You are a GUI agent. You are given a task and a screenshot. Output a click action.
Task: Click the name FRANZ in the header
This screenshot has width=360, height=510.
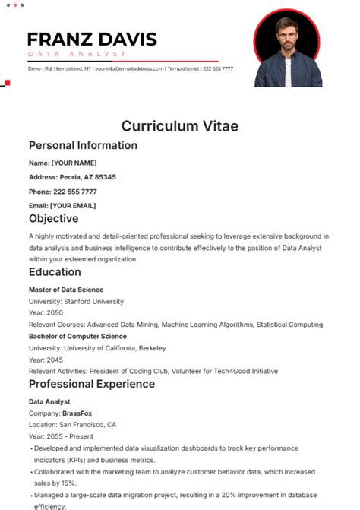[x=62, y=40]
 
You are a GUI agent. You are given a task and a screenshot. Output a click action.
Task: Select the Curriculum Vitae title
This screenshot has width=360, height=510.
[x=179, y=126]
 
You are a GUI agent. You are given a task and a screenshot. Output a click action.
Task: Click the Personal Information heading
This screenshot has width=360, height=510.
[x=83, y=145]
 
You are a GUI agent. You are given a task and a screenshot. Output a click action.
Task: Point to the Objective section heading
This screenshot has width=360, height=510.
[x=54, y=218]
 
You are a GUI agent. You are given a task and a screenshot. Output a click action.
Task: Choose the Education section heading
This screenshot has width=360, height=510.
[x=55, y=272]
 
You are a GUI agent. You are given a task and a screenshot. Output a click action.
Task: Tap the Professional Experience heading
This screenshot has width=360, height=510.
[x=91, y=384]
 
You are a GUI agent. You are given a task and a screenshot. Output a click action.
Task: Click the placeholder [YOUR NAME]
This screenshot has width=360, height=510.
[x=74, y=163]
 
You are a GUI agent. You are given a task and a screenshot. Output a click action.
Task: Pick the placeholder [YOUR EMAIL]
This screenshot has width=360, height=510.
[x=73, y=205]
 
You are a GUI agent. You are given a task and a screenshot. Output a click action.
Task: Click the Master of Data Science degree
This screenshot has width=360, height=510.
[x=66, y=290]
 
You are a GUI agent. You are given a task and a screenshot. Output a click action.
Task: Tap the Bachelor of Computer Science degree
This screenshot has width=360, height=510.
[x=77, y=336]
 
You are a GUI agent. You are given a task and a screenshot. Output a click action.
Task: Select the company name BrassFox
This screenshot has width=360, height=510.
[x=77, y=413]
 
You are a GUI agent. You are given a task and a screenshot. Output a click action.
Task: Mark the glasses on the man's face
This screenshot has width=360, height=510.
[x=286, y=35]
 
